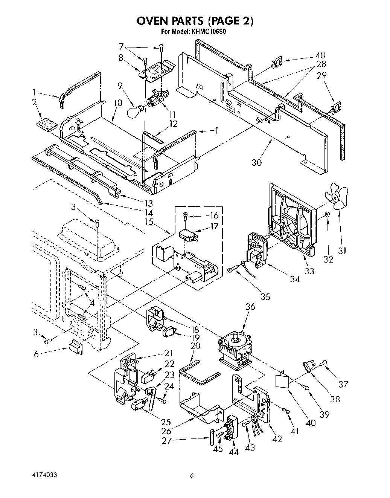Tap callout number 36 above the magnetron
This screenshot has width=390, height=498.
(x=250, y=307)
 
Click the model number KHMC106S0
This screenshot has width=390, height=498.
(x=204, y=32)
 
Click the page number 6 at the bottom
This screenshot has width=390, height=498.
(x=192, y=476)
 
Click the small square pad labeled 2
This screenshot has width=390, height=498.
(x=47, y=124)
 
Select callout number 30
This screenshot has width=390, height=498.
(x=257, y=162)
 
